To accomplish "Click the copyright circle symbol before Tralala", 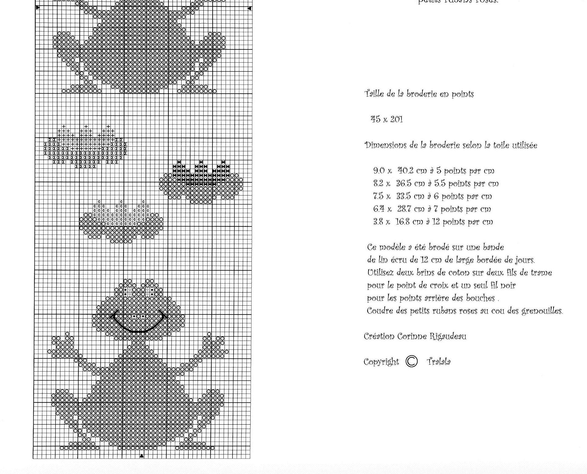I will [x=411, y=361].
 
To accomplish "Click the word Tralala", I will [x=439, y=362].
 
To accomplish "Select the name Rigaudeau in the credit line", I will [x=448, y=336].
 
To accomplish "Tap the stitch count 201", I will [x=397, y=119].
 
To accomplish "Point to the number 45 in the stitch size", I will [x=375, y=119].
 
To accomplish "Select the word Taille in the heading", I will [x=374, y=94].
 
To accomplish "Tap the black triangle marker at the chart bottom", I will [x=142, y=456].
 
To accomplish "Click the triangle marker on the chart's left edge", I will [x=38, y=8].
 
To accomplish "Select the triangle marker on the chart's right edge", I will [x=249, y=8].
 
